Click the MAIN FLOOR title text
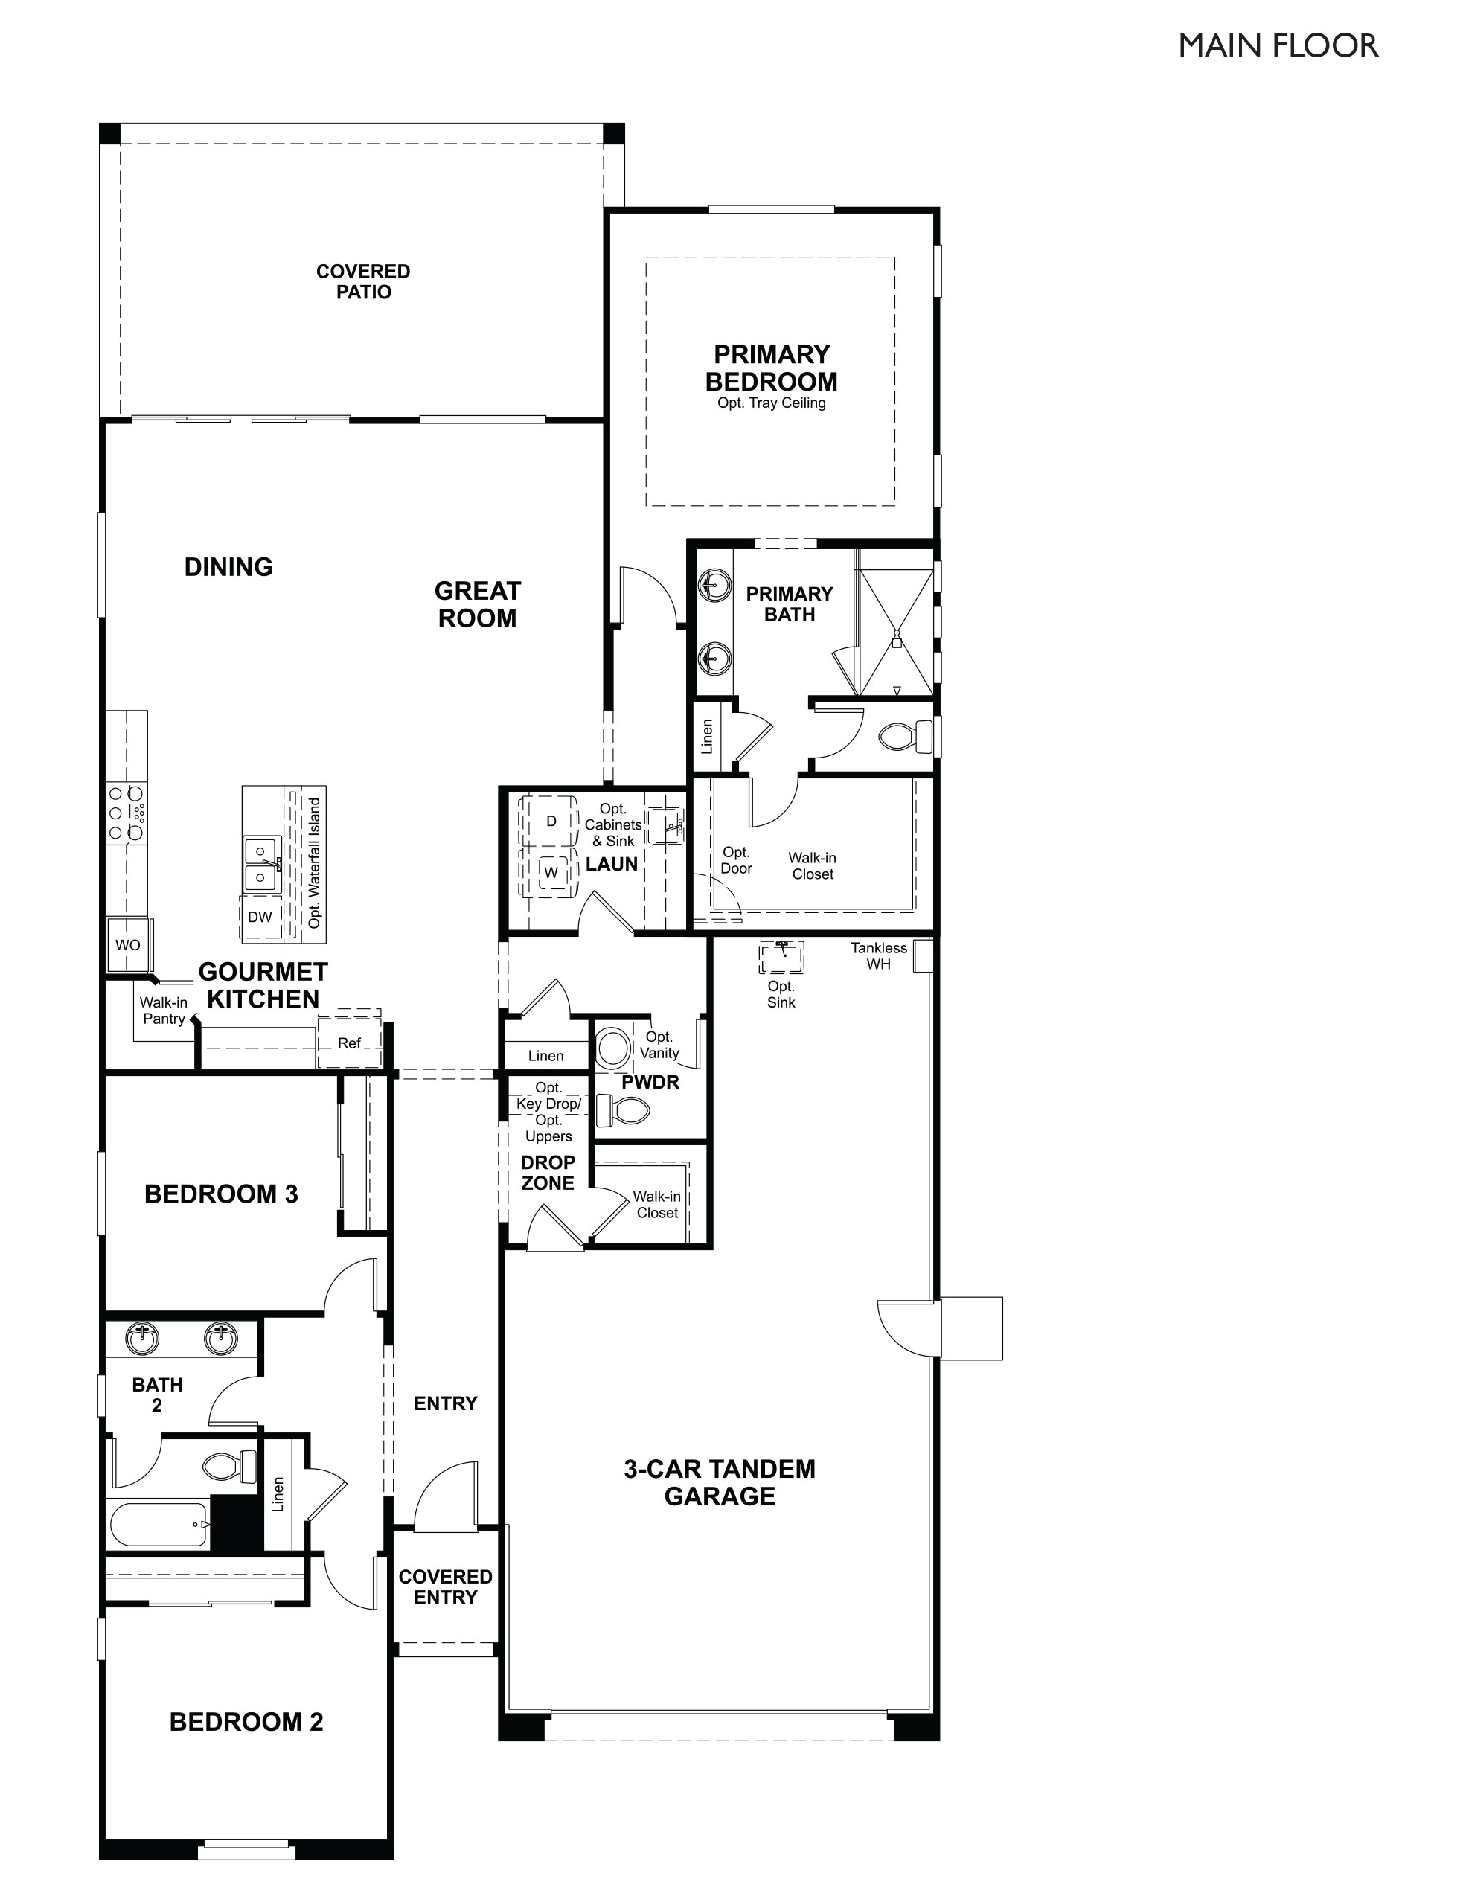(1278, 46)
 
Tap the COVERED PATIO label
(363, 282)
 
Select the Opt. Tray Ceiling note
(771, 403)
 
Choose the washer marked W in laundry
(551, 872)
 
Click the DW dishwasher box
(260, 917)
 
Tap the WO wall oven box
(128, 945)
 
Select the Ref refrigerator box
(349, 1043)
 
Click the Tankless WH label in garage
(879, 955)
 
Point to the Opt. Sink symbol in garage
(781, 955)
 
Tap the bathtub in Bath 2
(159, 1524)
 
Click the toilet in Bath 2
(230, 1467)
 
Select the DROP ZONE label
(548, 1172)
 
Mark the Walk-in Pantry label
(164, 1011)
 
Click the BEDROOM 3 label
(221, 1194)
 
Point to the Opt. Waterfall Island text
(314, 863)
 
